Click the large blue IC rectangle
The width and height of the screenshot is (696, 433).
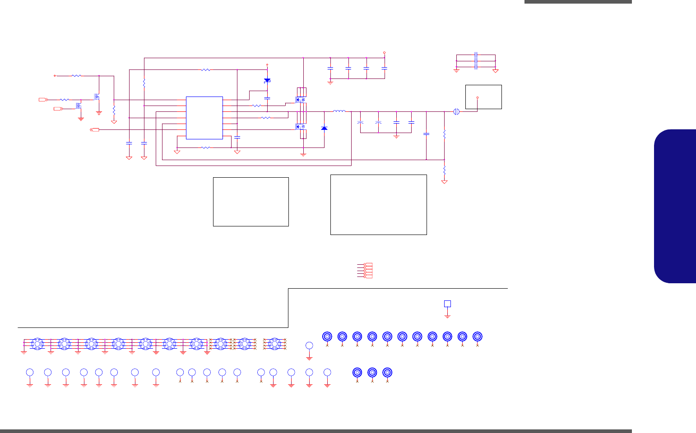pos(204,118)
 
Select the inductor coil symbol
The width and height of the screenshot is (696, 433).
pos(339,111)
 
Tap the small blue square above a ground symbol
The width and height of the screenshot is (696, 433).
pos(447,304)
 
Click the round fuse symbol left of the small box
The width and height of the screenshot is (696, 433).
pos(456,111)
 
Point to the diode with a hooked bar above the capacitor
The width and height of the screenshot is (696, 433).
pos(267,81)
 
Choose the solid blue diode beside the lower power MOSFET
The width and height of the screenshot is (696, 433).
pos(324,129)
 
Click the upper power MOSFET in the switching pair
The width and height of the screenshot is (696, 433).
pos(301,99)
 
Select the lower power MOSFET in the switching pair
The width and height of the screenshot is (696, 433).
pos(301,127)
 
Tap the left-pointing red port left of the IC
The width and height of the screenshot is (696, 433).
pos(95,130)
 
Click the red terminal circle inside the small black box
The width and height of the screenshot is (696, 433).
pos(478,97)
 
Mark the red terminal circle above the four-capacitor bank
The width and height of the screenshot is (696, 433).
pos(384,52)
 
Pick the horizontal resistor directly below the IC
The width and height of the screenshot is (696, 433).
pos(205,147)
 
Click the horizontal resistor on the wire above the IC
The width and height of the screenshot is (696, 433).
pos(205,70)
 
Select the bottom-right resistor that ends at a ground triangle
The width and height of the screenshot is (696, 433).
pos(444,171)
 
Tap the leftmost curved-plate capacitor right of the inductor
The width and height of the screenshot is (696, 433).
pos(360,122)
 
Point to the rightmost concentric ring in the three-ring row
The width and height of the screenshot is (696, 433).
pos(387,373)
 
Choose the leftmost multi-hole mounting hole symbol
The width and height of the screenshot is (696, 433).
pos(37,344)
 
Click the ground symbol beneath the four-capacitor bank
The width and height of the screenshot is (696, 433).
pos(330,83)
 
